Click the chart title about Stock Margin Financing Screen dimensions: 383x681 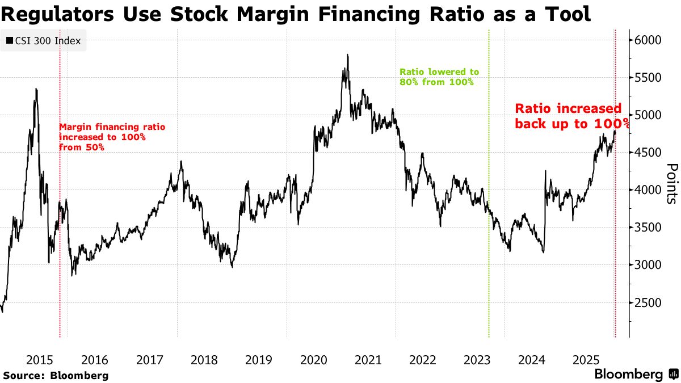pos(295,14)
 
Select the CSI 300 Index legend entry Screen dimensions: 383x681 pos(43,41)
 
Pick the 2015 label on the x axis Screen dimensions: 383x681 pos(40,360)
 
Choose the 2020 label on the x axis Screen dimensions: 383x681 pos(313,360)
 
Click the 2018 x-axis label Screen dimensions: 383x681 pos(204,360)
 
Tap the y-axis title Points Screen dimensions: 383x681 pos(671,183)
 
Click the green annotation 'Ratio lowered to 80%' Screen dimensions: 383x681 pos(439,77)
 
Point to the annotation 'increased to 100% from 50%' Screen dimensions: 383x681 pos(112,137)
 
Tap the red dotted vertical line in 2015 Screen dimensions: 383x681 pos(60,255)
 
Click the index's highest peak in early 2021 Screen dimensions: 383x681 pos(347,55)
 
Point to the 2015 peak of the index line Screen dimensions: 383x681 pos(36,89)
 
